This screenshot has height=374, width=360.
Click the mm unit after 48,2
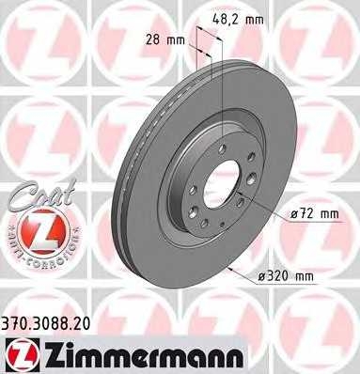[x=253, y=18]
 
